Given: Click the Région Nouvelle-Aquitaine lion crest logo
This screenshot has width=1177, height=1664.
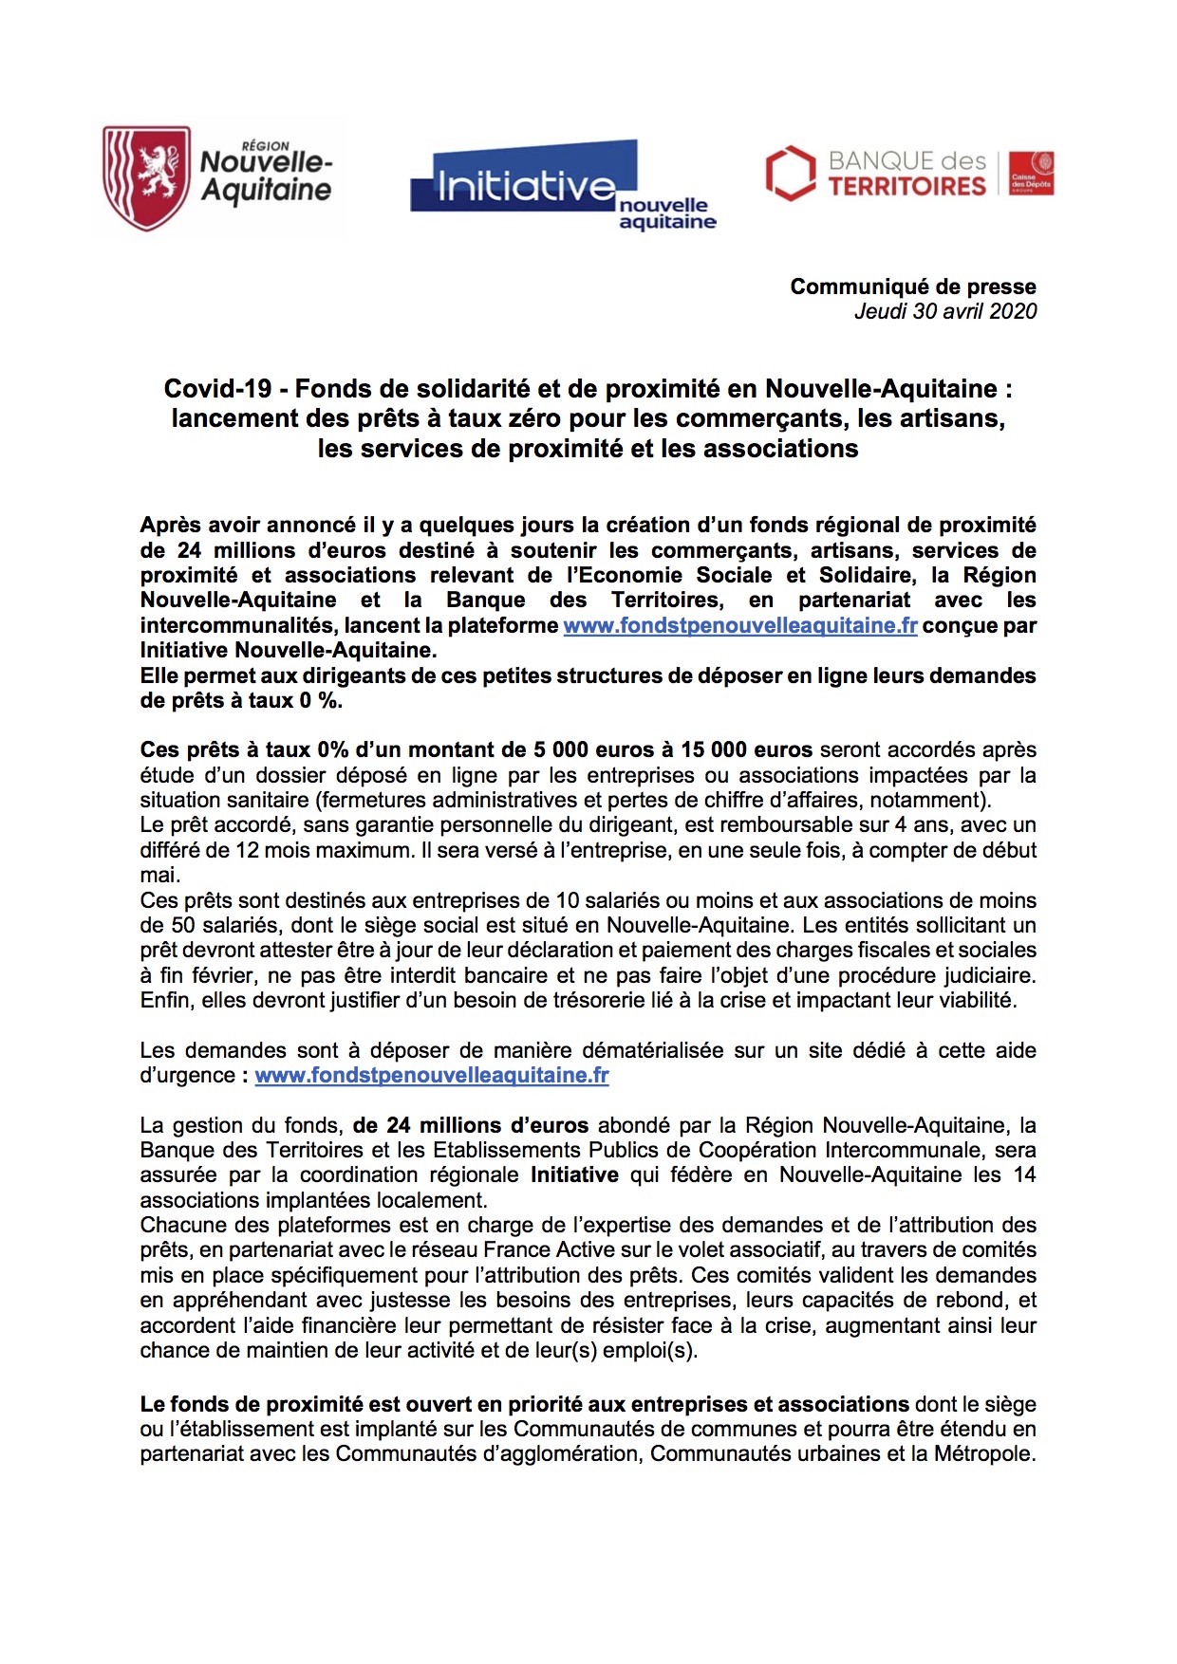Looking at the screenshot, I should point(146,177).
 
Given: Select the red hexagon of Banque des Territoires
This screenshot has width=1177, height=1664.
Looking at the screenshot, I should point(790,173).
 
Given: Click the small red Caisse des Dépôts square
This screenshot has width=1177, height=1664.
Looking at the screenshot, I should point(1031,173).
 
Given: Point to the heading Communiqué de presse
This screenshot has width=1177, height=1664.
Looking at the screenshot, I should point(912,287).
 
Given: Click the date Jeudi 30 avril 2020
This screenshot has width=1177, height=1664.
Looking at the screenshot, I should point(944,311).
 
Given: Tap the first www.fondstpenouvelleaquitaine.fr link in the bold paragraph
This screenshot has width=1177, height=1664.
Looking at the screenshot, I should point(739,625).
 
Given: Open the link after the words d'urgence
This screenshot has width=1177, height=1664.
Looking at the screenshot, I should point(432,1075).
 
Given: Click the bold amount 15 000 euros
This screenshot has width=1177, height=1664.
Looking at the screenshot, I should point(746,749).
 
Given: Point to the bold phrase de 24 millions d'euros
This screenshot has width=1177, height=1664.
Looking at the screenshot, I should point(471,1125).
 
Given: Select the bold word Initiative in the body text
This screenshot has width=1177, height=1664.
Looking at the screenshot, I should point(574,1174).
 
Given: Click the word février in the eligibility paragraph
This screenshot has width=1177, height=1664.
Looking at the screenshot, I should point(219,975).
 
